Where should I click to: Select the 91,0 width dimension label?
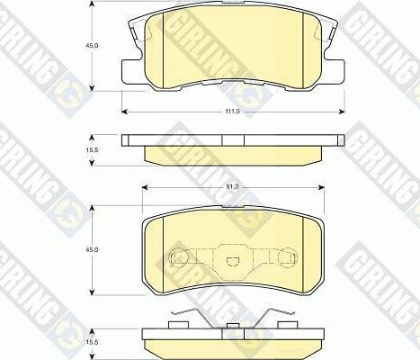click(x=231, y=186)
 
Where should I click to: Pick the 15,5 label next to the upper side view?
click(x=79, y=148)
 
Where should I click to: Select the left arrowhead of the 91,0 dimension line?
click(x=144, y=193)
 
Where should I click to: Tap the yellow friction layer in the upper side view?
click(x=231, y=154)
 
